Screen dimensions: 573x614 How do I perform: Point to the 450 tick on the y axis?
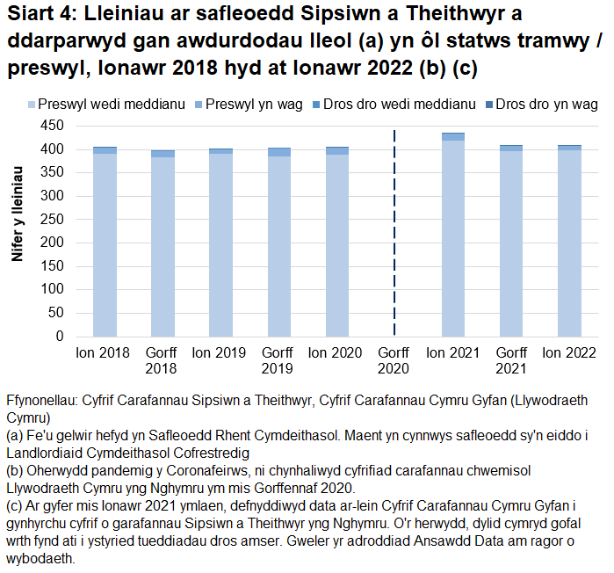tap(54, 126)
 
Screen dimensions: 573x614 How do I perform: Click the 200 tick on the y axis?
tap(54, 243)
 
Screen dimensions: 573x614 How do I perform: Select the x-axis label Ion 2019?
tap(220, 353)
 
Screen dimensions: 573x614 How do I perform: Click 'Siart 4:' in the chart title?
tap(38, 15)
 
